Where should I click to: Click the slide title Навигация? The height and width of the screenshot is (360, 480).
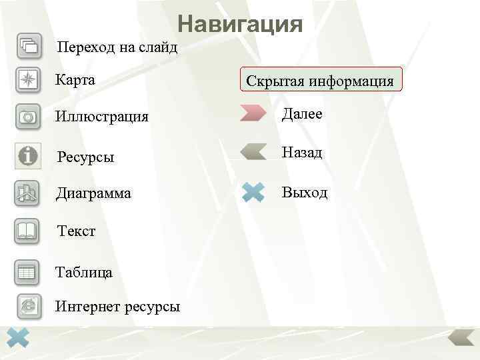pyautogui.click(x=240, y=25)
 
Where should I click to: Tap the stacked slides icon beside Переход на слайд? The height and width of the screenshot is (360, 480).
pyautogui.click(x=29, y=46)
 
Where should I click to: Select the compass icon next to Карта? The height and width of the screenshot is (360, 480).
pyautogui.click(x=29, y=81)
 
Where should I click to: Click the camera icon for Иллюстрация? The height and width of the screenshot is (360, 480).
pyautogui.click(x=29, y=117)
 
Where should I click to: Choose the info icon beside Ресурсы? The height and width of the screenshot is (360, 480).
pyautogui.click(x=28, y=156)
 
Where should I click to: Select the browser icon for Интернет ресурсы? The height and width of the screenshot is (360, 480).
pyautogui.click(x=29, y=305)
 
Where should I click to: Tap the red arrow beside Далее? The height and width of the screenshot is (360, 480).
pyautogui.click(x=253, y=113)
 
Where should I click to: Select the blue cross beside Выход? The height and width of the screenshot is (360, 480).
pyautogui.click(x=254, y=193)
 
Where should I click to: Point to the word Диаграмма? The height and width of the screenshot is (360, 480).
pyautogui.click(x=93, y=194)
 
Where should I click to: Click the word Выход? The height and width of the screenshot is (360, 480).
pyautogui.click(x=305, y=193)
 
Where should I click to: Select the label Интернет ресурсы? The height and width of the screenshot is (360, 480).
pyautogui.click(x=117, y=307)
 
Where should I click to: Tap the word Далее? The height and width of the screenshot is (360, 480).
pyautogui.click(x=302, y=114)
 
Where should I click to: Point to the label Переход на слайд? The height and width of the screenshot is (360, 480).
pyautogui.click(x=117, y=47)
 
